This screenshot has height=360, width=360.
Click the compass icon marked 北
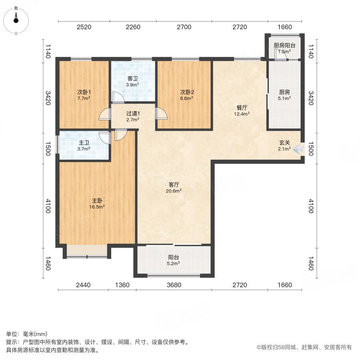pos(16,18)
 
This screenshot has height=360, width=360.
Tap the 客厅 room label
pos(174,185)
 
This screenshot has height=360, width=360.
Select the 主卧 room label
pos(97,200)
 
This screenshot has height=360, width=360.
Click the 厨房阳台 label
pos(284,46)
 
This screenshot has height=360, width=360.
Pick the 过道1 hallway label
pos(133,113)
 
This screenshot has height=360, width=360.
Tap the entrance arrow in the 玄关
pos(297,149)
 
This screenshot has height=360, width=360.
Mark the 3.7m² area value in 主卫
pos(84,149)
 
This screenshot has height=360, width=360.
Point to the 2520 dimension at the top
pos(84,27)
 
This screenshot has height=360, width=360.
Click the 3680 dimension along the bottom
pos(174,285)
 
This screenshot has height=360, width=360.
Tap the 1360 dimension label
pos(122,285)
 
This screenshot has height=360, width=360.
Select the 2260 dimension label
pos(133,27)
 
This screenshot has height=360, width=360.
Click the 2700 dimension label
pos(184,27)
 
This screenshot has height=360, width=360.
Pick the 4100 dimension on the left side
pos(48,206)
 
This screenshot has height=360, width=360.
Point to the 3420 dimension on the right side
pos(311,98)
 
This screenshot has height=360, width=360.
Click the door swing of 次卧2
pos(162,114)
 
